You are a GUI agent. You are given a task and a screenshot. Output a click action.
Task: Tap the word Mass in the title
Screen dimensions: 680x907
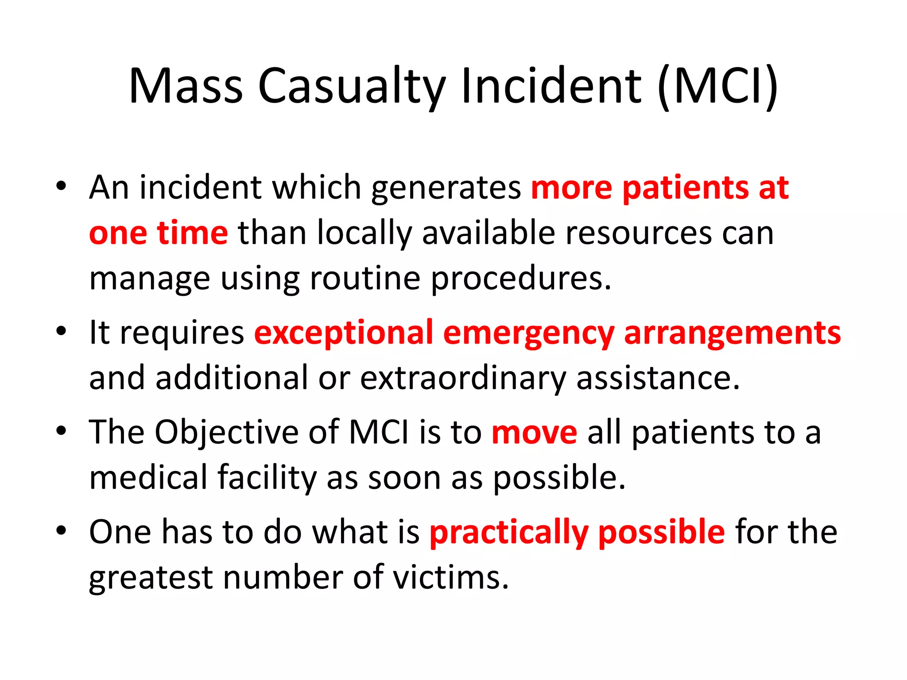pyautogui.click(x=186, y=86)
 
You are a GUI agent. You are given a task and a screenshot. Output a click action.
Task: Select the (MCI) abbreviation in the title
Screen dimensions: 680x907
pyautogui.click(x=718, y=86)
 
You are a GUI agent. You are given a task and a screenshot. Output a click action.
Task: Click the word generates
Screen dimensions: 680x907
pyautogui.click(x=446, y=189)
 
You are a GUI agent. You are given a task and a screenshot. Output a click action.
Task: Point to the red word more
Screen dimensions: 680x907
pyautogui.click(x=571, y=189)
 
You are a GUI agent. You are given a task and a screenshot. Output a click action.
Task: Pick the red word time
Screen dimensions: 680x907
pyautogui.click(x=193, y=233)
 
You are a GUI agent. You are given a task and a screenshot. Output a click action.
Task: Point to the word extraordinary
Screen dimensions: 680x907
pyautogui.click(x=463, y=379)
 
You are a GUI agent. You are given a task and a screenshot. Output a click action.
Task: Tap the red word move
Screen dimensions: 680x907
pyautogui.click(x=535, y=433)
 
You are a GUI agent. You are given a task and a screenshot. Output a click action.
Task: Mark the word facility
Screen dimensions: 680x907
pyautogui.click(x=267, y=479)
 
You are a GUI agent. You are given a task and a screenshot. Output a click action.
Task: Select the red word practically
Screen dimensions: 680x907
pyautogui.click(x=509, y=533)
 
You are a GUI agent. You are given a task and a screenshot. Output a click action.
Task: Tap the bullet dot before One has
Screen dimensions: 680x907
pyautogui.click(x=61, y=530)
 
